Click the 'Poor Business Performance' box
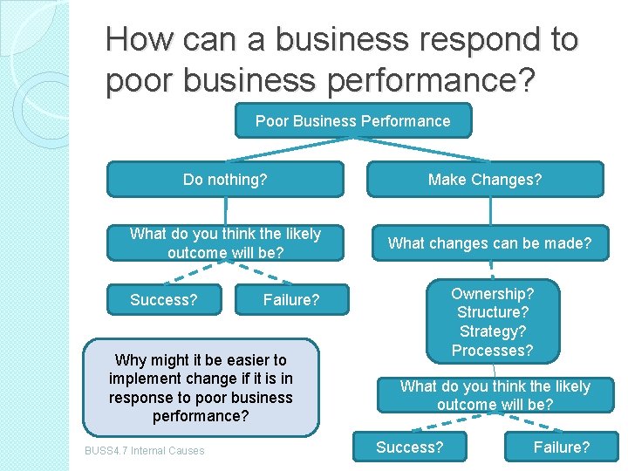click(352, 121)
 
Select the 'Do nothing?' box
click(225, 180)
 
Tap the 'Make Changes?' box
click(485, 180)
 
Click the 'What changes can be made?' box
click(489, 243)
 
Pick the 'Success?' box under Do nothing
click(164, 300)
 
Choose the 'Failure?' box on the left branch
click(291, 300)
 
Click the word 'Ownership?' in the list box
click(492, 294)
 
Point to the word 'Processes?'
click(492, 351)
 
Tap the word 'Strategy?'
click(492, 331)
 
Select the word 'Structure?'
click(492, 312)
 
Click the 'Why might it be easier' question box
click(201, 387)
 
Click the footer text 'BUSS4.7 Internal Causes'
click(145, 451)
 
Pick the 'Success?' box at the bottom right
click(409, 447)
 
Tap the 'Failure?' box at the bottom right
click(562, 447)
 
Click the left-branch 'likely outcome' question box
click(225, 243)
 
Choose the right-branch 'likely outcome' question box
click(495, 395)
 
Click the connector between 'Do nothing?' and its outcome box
click(226, 210)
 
